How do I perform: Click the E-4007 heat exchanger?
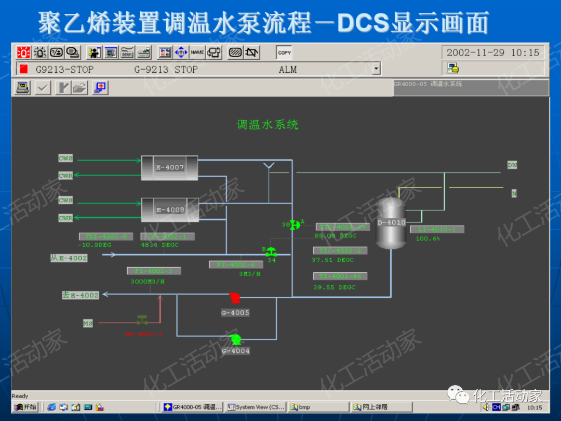170,167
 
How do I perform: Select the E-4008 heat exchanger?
170,209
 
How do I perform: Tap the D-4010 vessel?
391,223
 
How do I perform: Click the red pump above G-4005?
234,298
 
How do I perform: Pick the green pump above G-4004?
235,339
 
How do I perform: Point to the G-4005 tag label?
235,312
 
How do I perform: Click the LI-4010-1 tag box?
436,229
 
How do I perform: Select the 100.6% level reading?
428,239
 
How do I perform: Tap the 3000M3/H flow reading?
148,281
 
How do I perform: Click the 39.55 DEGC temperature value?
334,287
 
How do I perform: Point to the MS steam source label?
88,323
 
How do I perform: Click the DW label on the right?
512,165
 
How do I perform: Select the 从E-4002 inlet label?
69,258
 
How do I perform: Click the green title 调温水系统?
268,125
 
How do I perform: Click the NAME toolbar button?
197,52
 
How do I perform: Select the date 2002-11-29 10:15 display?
492,52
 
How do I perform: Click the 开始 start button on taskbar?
25,407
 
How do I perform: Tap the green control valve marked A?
295,225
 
